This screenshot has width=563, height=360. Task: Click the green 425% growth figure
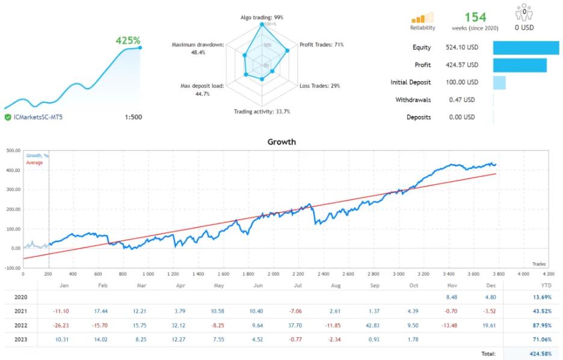tap(127, 42)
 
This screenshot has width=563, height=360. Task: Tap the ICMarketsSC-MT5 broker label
tap(37, 117)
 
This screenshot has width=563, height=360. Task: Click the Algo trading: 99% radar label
tap(261, 17)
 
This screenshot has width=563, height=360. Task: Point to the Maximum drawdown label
tap(197, 45)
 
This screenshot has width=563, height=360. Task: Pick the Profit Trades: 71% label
tap(321, 45)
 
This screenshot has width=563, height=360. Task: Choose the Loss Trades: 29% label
tap(319, 86)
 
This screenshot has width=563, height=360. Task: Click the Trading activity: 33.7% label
tap(262, 111)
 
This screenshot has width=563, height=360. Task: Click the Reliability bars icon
tap(422, 19)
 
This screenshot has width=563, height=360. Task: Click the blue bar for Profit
tap(520, 65)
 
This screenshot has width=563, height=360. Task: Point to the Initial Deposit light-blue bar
tap(499, 82)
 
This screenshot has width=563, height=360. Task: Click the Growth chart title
tap(281, 142)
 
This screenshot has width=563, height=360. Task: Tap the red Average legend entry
tap(34, 163)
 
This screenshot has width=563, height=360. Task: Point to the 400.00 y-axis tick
tap(12, 170)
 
